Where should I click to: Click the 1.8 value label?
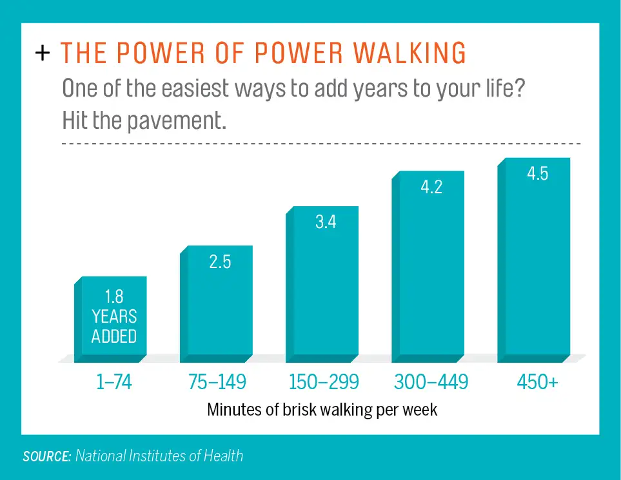click(114, 296)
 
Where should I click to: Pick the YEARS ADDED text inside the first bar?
click(114, 327)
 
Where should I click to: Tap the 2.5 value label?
click(220, 264)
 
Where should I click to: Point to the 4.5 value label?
click(537, 174)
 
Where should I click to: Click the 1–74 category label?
click(113, 383)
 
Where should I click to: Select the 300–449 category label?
click(431, 383)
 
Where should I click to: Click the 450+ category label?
click(537, 383)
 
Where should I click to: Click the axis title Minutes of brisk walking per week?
click(322, 410)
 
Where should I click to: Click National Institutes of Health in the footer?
click(159, 456)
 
